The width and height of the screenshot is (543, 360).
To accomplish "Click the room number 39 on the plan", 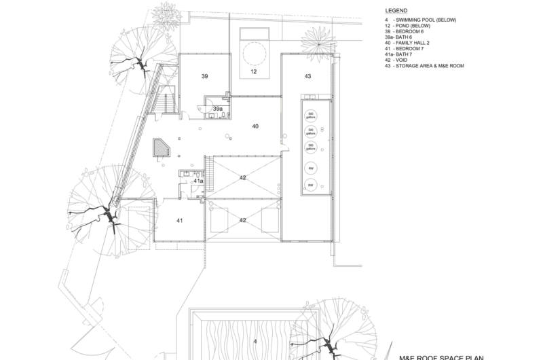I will [x=204, y=77].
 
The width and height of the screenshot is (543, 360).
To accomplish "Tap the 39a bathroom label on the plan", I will [x=218, y=109].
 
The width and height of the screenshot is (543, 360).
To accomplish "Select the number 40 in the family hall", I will [x=255, y=126].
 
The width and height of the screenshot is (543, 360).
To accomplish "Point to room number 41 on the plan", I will [x=180, y=220].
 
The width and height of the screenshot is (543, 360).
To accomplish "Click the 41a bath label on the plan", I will [x=199, y=181].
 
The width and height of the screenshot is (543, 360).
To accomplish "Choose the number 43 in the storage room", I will [x=307, y=77].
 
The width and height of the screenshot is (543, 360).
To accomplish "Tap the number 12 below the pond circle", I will [x=254, y=71].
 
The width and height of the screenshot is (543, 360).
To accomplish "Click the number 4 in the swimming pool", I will [x=255, y=341].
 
